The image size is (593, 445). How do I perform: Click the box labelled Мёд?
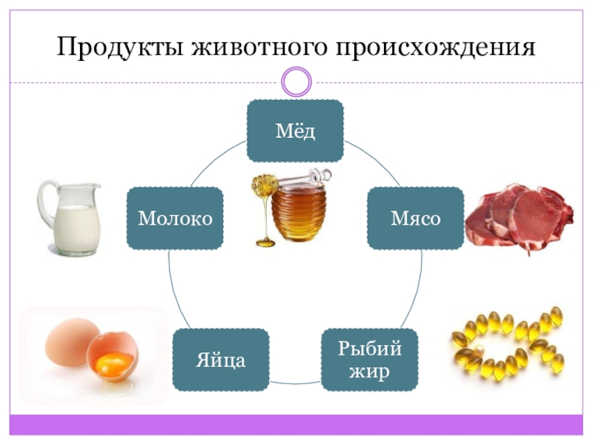[295, 131]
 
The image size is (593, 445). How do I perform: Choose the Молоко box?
[175, 218]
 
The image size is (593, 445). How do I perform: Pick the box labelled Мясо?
[415, 218]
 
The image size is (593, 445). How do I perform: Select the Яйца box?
[220, 360]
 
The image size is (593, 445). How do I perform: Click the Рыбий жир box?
[369, 360]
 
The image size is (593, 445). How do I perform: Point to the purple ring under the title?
[296, 81]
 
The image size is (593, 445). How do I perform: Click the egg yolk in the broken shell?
[116, 363]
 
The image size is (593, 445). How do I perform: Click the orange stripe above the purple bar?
[296, 414]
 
